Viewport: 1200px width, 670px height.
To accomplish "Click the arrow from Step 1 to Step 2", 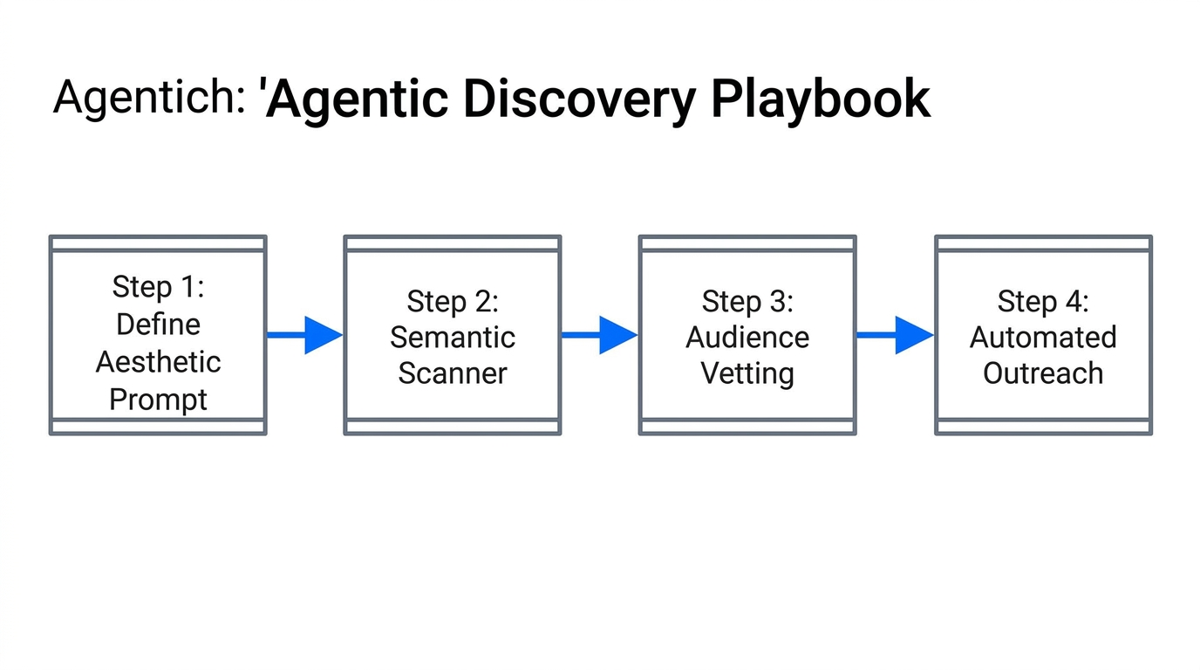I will (x=304, y=335).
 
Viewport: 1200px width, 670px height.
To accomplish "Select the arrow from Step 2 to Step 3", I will (x=599, y=335).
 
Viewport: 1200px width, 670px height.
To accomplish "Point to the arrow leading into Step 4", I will (x=895, y=335).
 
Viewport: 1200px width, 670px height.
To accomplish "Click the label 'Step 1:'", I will (x=158, y=287).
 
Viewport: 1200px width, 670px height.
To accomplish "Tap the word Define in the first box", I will (x=158, y=325).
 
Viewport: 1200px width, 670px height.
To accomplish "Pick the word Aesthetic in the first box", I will (x=158, y=362).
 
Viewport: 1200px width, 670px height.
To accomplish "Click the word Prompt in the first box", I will (x=158, y=400).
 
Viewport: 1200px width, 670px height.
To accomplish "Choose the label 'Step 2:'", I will (x=453, y=302).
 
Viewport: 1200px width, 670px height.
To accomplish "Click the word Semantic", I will (x=453, y=337).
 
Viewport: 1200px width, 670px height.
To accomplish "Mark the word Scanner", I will (x=453, y=373).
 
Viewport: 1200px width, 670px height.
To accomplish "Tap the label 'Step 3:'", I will (x=747, y=302).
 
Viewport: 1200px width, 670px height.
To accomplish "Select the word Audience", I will (x=747, y=337).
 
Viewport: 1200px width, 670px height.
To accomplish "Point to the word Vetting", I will (x=747, y=373).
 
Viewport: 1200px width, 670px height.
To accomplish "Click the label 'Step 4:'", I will (x=1043, y=302).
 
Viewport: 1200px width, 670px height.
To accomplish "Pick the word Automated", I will (x=1043, y=337).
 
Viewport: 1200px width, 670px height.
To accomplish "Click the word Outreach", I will (x=1043, y=373).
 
